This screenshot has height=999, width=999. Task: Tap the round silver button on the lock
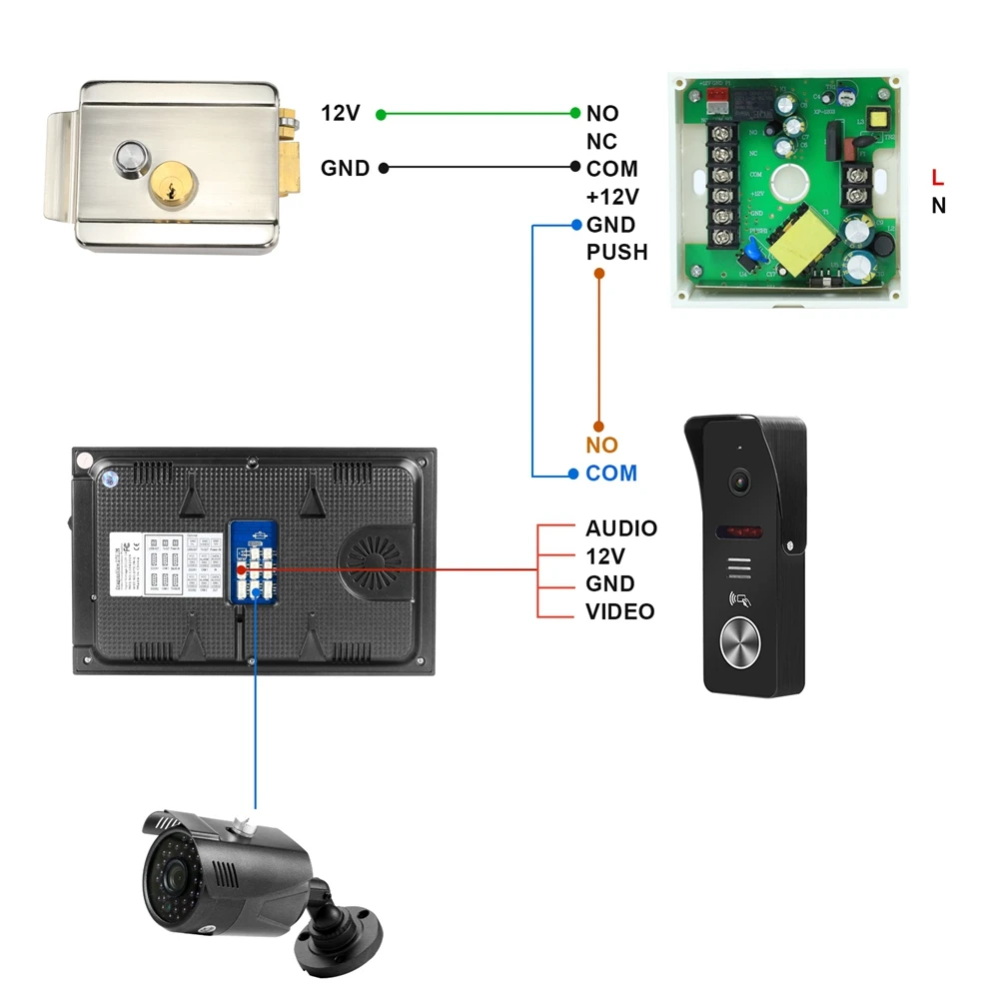(x=130, y=158)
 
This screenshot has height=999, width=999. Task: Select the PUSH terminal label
(x=616, y=253)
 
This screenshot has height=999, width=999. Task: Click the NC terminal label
(x=601, y=142)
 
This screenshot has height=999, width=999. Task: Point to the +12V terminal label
(x=611, y=197)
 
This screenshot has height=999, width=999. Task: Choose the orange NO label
(x=601, y=446)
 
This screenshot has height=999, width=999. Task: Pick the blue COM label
(x=611, y=474)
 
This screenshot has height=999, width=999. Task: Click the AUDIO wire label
(x=620, y=528)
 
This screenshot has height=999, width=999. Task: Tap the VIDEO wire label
(x=619, y=611)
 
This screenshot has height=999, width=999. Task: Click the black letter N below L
(x=938, y=206)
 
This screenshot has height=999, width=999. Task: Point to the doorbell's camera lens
(x=739, y=481)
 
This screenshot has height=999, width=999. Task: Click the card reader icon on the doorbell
(x=739, y=601)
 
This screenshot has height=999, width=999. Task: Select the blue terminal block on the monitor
(x=254, y=562)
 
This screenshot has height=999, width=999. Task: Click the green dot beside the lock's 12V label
(x=381, y=114)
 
